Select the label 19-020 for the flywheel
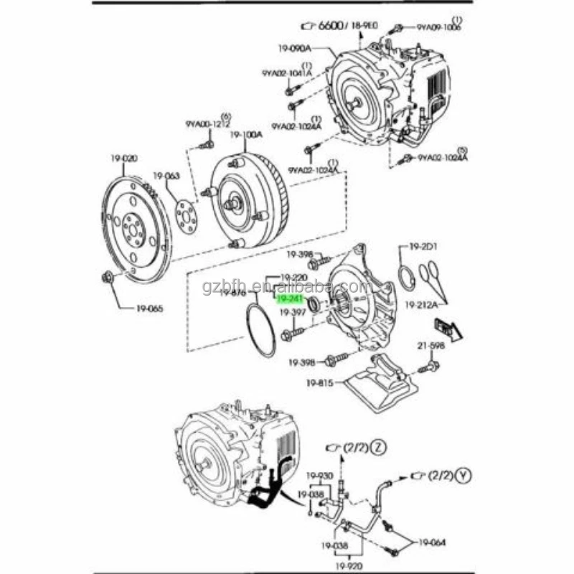(123, 158)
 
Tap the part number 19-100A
(246, 134)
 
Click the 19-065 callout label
(150, 309)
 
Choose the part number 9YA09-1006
(439, 27)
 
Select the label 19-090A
(296, 50)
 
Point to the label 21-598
(432, 346)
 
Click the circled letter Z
(379, 448)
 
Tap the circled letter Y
(467, 476)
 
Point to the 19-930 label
(320, 476)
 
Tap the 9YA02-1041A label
(286, 73)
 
